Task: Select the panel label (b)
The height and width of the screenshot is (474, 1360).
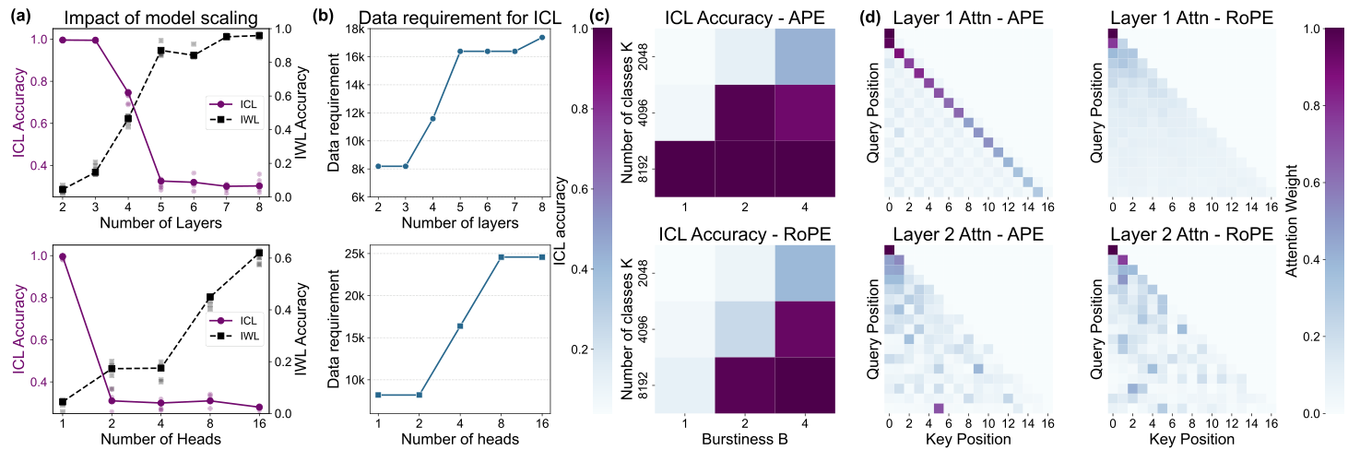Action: tap(337, 13)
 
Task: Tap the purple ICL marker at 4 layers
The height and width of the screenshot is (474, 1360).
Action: tap(127, 93)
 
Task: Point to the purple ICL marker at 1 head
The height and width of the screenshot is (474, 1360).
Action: tap(63, 256)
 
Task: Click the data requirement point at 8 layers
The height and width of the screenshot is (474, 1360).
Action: tap(542, 37)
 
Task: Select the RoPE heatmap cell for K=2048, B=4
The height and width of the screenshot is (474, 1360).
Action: tap(805, 273)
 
